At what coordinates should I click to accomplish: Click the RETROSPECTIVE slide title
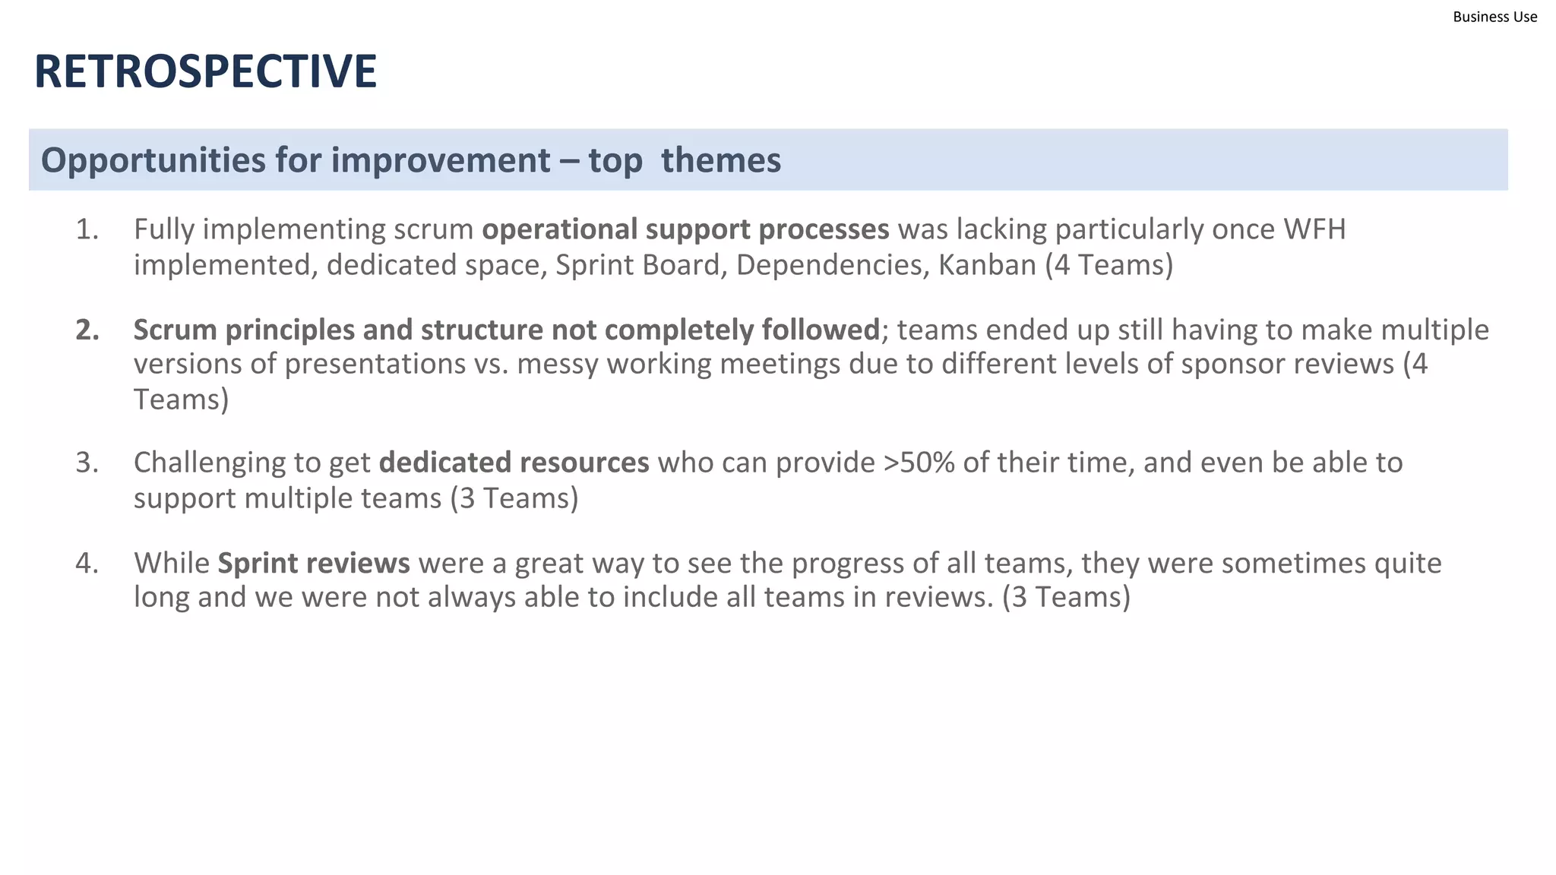click(x=205, y=71)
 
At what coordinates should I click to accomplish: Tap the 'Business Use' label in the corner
click(x=1494, y=17)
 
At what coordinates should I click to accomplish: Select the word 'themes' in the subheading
click(x=720, y=160)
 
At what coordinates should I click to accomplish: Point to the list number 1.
click(x=87, y=229)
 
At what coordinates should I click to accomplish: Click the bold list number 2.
click(x=87, y=330)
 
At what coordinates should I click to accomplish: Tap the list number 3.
click(x=87, y=463)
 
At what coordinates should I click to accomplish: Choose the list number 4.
click(x=87, y=563)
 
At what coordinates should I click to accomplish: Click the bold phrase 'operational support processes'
click(x=685, y=229)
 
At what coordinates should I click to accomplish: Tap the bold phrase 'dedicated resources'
click(x=514, y=463)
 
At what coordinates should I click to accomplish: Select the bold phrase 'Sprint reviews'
click(x=313, y=563)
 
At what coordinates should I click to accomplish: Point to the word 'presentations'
click(x=375, y=364)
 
